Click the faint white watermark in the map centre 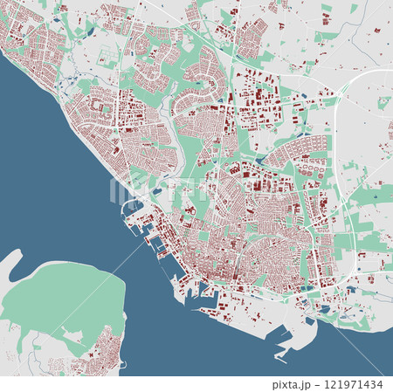coord(196,188)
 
